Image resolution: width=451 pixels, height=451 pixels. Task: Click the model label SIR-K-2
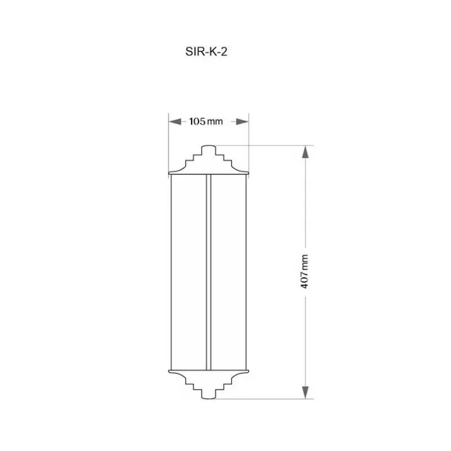[206, 52]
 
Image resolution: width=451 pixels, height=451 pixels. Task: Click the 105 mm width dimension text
[206, 122]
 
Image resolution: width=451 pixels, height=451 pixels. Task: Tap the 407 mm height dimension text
[304, 271]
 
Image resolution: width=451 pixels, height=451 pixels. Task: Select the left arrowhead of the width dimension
[175, 122]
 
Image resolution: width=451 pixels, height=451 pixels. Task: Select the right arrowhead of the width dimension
[242, 122]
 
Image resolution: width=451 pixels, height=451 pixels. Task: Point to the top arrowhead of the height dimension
[306, 152]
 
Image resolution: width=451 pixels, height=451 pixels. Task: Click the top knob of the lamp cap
[209, 150]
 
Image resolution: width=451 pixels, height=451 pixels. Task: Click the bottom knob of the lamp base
[209, 395]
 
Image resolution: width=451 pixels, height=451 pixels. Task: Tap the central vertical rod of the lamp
[209, 272]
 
